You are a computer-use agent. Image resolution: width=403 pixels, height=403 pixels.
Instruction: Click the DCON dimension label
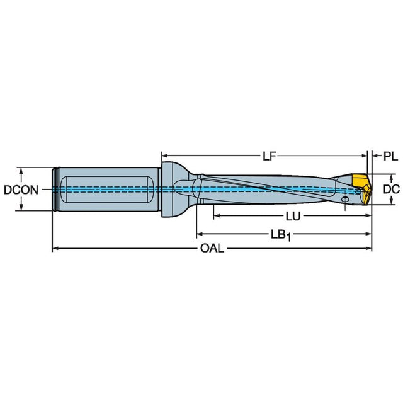tap(21, 190)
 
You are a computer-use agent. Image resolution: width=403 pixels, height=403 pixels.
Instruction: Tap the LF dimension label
tap(270, 156)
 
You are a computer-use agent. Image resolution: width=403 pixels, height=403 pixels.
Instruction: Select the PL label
tap(390, 156)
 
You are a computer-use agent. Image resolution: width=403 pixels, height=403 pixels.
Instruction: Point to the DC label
tap(392, 190)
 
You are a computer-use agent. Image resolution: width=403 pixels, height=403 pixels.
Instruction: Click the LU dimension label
tap(293, 217)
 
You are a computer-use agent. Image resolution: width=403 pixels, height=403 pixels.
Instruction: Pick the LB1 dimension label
tap(281, 235)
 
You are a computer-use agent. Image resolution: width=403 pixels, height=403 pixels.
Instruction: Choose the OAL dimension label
tap(212, 249)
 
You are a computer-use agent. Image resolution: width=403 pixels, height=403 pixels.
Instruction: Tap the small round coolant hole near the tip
tap(345, 199)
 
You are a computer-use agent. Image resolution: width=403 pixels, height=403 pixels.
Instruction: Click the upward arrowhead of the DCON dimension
tap(21, 171)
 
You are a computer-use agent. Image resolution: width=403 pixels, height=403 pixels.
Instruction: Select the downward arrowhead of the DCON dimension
tap(21, 207)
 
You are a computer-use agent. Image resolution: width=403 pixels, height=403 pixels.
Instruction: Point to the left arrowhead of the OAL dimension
tap(55, 249)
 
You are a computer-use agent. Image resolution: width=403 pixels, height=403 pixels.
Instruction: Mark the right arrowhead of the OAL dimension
tap(368, 249)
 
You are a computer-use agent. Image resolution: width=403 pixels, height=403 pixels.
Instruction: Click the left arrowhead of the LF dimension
tap(165, 156)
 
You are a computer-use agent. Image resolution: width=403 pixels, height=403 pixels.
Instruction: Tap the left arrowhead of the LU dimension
tap(217, 216)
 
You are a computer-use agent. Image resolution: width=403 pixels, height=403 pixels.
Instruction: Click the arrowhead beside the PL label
tap(375, 156)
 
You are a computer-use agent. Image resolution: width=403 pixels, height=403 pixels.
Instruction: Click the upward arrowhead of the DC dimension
tap(392, 178)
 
